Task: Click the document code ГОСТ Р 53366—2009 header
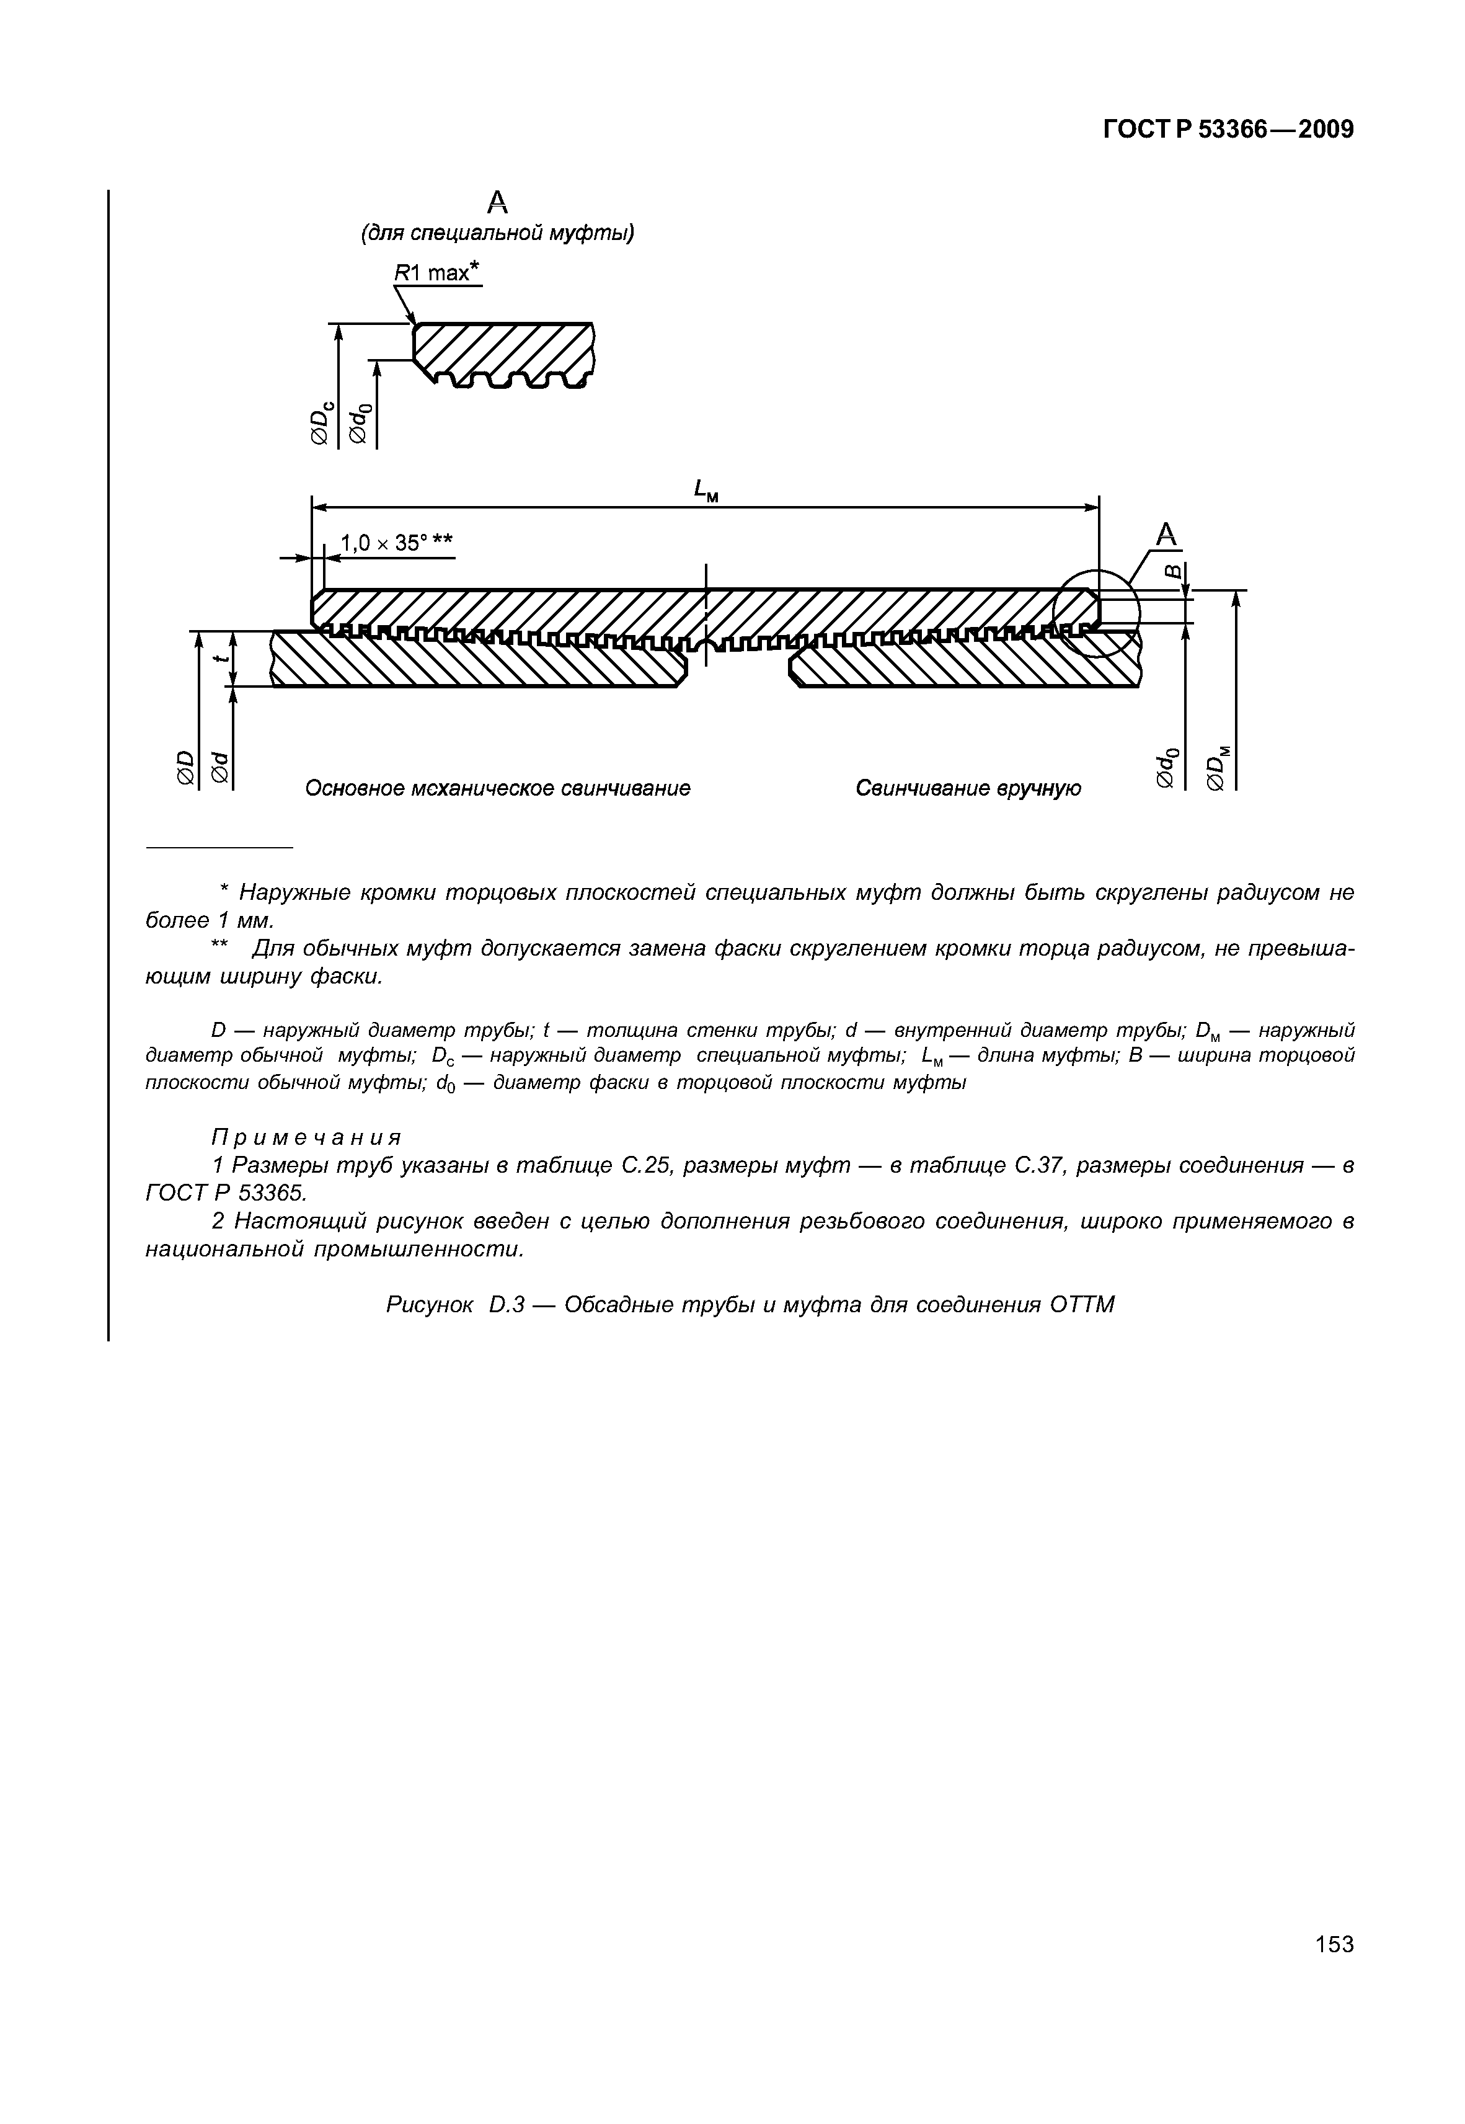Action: pyautogui.click(x=1228, y=130)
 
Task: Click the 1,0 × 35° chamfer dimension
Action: pyautogui.click(x=397, y=543)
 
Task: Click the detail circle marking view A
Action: pyautogui.click(x=1096, y=613)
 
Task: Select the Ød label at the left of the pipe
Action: pyautogui.click(x=219, y=767)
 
